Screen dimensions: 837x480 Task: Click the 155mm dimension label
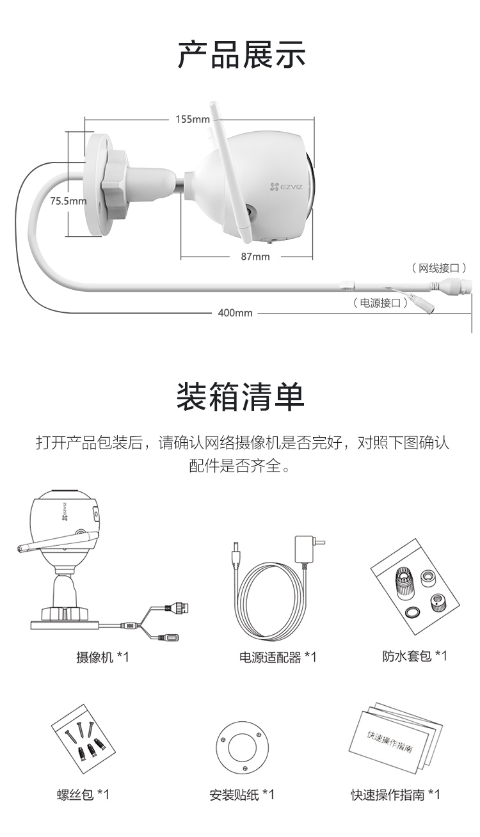[x=193, y=119]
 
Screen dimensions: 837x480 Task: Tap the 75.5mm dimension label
[x=68, y=201]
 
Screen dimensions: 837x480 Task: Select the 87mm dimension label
[x=255, y=257]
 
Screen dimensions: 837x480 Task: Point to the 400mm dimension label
[x=235, y=313]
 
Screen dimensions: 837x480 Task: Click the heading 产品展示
[x=241, y=54]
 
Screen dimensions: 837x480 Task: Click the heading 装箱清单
[x=241, y=397]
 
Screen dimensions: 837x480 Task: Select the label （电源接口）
[x=381, y=303]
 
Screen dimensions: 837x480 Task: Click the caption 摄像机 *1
[x=102, y=657]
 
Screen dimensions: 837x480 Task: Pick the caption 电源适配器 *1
[x=278, y=657]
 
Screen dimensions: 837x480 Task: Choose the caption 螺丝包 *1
[x=83, y=795]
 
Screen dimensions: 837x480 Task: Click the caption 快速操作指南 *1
[x=395, y=795]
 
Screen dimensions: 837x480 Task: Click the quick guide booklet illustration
[x=394, y=738]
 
